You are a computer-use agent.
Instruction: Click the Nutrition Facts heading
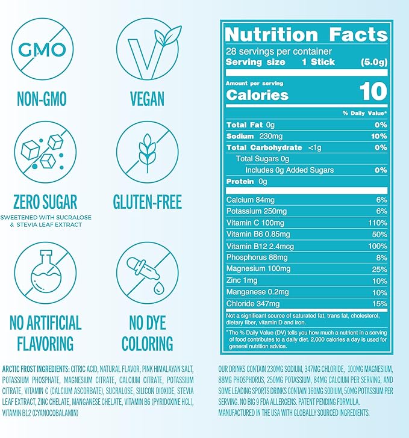pyautogui.click(x=306, y=34)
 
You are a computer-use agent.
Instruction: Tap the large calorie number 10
pyautogui.click(x=373, y=91)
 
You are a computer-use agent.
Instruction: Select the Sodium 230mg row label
pyautogui.click(x=251, y=136)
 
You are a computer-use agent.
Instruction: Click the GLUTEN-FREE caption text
pyautogui.click(x=147, y=201)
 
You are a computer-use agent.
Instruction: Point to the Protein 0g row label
pyautogui.click(x=246, y=182)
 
